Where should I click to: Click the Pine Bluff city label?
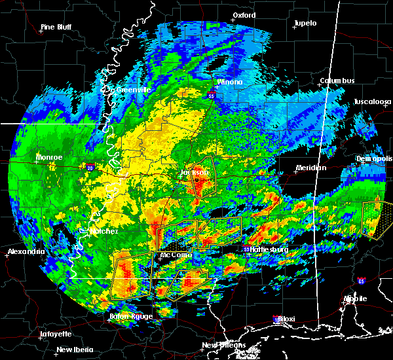[x=56, y=27]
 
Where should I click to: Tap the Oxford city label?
[x=244, y=14]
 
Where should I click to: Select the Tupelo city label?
[x=305, y=24]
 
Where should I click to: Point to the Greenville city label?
[x=133, y=90]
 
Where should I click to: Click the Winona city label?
[x=230, y=82]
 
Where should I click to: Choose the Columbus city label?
[x=337, y=81]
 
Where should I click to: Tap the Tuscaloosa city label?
[x=372, y=102]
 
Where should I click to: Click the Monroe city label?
[x=48, y=158]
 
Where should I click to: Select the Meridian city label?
[x=310, y=168]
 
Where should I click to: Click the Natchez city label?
[x=104, y=232]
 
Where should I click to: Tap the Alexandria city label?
[x=26, y=252]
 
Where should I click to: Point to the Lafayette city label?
[x=56, y=334]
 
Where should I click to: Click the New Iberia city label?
[x=73, y=350]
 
